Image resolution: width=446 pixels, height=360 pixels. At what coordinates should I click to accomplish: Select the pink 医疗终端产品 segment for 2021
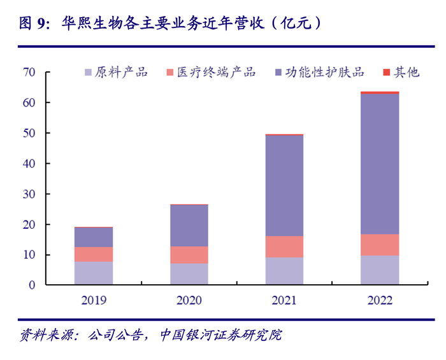[284, 247]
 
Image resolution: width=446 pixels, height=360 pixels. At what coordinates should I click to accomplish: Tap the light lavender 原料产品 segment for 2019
[94, 273]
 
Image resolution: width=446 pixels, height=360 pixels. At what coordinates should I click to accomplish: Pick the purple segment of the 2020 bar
[189, 226]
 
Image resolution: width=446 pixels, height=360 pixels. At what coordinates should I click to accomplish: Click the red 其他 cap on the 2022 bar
[379, 92]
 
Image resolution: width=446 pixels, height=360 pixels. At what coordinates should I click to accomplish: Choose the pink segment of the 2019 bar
[94, 254]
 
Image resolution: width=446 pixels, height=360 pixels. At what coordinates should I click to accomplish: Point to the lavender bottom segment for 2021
[284, 271]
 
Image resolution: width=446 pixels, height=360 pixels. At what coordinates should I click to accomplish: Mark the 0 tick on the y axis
[31, 285]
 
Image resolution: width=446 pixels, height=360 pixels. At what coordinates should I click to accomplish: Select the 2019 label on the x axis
[94, 299]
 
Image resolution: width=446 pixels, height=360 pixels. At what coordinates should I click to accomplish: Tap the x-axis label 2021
[284, 299]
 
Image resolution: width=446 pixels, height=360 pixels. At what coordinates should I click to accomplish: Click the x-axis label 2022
[379, 299]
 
